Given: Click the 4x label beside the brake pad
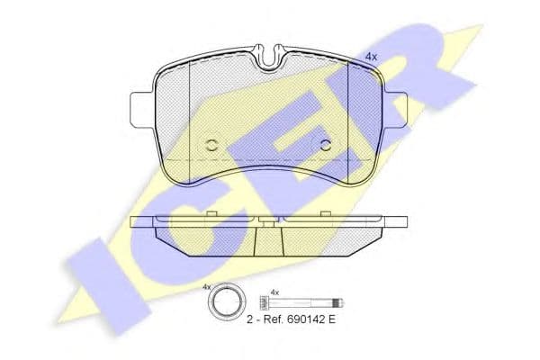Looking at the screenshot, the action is coord(371,58).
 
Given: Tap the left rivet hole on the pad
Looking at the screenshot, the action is coord(211,146).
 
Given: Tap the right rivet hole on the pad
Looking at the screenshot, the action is coord(326,146).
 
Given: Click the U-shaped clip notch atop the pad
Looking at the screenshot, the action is coord(270,58).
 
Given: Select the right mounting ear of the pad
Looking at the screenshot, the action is coord(395,110).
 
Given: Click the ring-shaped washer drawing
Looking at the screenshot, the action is coord(226,302).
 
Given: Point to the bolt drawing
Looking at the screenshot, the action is coord(301,303).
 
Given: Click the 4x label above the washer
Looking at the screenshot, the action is coord(206,286).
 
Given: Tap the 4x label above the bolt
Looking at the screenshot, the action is coord(274,292).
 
